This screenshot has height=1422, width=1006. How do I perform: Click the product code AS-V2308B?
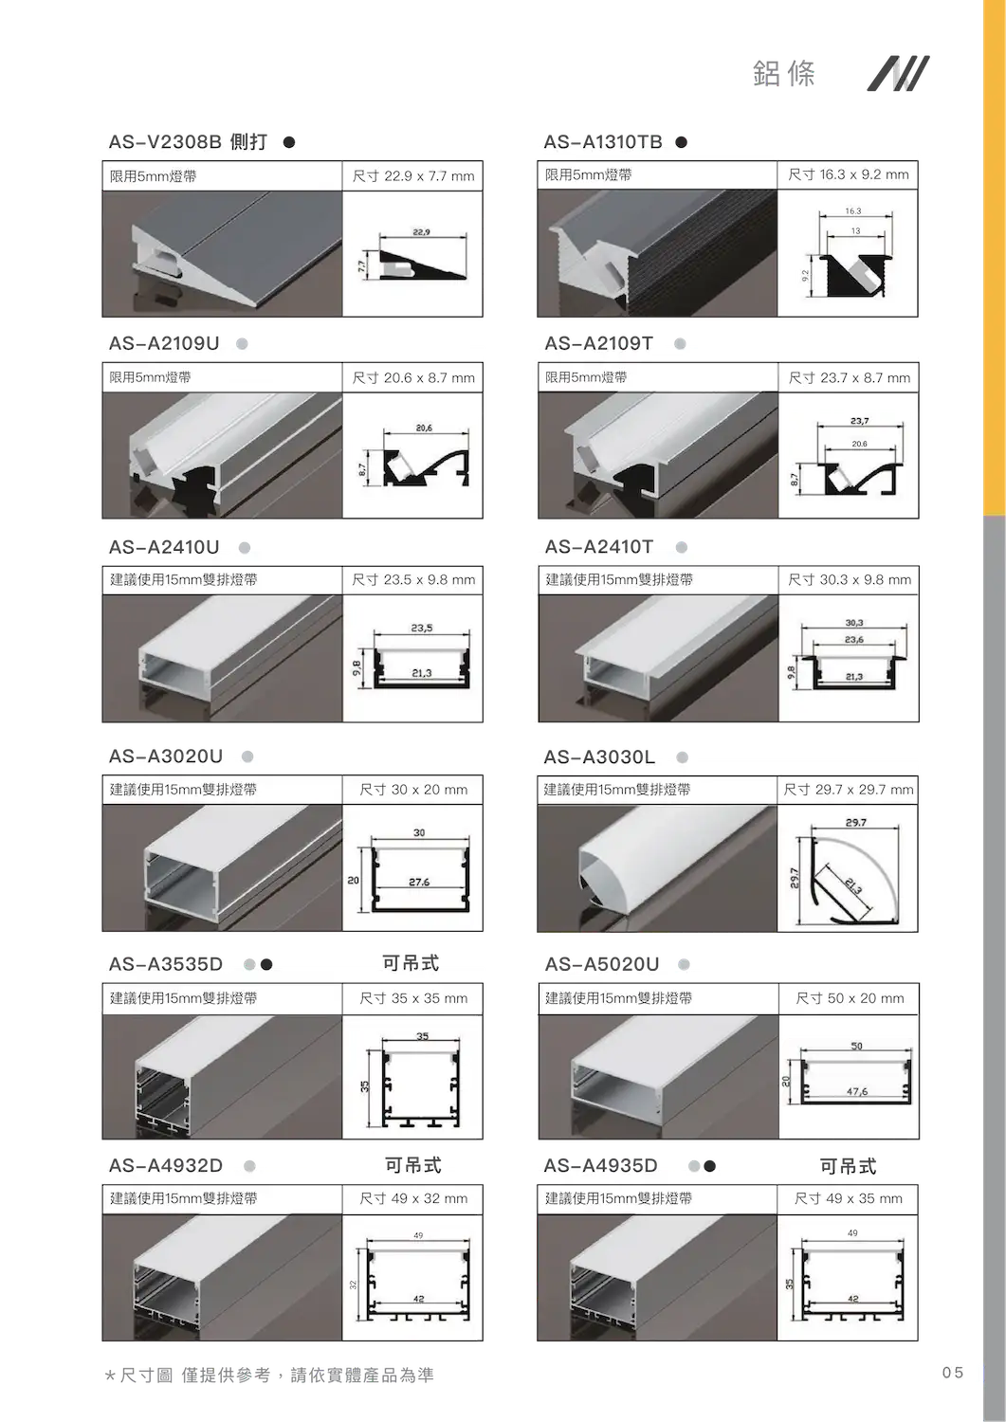[x=165, y=141]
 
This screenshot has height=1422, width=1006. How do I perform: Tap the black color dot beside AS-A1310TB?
[x=682, y=142]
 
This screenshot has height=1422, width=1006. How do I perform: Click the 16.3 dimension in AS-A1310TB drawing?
[x=853, y=210]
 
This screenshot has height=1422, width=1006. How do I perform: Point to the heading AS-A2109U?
[x=164, y=343]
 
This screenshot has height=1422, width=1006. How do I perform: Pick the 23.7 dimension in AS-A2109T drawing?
[x=859, y=421]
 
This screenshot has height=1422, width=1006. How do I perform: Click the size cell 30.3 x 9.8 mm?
[x=850, y=579]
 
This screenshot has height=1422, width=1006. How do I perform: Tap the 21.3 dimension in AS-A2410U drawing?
[x=422, y=673]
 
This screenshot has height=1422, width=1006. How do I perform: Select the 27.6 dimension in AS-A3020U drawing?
[x=419, y=882]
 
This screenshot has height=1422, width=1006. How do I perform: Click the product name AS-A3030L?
[x=599, y=757]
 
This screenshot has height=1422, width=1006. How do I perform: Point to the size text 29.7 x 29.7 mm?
[x=849, y=790]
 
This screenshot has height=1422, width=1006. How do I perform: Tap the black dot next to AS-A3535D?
[x=266, y=964]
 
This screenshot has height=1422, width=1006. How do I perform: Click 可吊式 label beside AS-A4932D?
[x=412, y=1165]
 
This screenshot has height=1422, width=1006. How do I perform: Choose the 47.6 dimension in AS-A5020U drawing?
[x=857, y=1091]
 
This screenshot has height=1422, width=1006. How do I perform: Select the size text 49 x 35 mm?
[x=849, y=1198]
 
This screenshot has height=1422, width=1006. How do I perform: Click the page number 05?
[x=953, y=1373]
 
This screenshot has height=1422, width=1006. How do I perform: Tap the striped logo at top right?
[x=898, y=73]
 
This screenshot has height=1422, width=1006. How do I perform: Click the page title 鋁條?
[x=784, y=74]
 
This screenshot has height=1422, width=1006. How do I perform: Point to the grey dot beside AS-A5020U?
[x=684, y=964]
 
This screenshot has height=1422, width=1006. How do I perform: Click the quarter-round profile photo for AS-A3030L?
[x=657, y=868]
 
